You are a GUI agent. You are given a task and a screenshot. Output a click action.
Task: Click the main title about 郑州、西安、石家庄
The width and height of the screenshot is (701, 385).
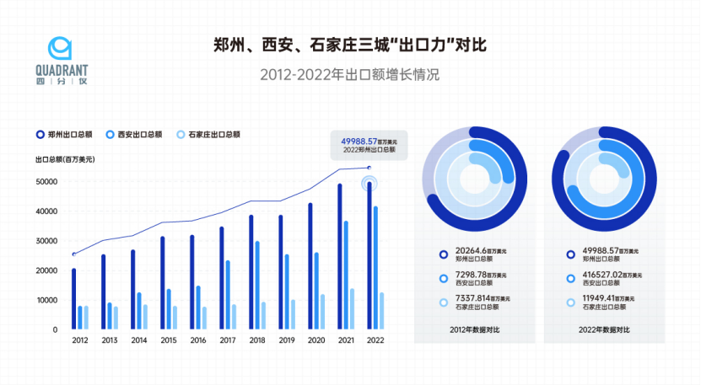[351, 44]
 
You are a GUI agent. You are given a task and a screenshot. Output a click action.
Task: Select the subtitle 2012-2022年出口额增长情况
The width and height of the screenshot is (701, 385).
[351, 75]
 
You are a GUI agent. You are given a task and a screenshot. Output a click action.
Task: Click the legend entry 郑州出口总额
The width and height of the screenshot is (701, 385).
[67, 134]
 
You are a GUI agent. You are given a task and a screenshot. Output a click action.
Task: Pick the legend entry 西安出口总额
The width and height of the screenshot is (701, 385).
[136, 134]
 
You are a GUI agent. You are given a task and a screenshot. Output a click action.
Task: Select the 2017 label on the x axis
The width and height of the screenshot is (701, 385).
[227, 340]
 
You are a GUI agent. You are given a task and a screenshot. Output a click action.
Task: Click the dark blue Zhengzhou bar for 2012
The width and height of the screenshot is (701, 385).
[73, 299]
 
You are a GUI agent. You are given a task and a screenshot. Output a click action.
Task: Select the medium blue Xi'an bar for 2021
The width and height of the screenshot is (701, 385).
[346, 275]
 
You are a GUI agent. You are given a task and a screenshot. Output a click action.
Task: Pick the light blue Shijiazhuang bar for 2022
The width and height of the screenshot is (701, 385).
[382, 311]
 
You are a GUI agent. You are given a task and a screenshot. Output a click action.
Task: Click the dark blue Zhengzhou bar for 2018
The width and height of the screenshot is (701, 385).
[251, 272]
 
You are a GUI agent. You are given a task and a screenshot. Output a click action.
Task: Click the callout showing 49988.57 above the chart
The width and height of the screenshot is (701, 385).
[368, 145]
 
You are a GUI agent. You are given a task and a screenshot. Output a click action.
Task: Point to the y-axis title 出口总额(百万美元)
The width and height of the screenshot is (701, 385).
[65, 159]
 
